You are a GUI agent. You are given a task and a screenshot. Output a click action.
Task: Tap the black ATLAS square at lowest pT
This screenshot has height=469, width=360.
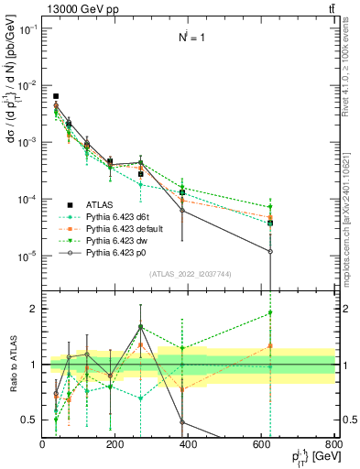(x=56, y=96)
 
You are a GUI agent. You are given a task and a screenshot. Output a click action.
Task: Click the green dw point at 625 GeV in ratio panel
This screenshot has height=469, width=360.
(x=270, y=313)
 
